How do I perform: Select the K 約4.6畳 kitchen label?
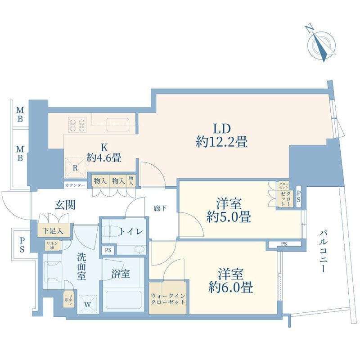(x=104, y=153)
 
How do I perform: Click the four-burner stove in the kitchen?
(x=77, y=124)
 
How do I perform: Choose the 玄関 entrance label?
(x=65, y=205)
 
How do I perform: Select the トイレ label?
(x=131, y=232)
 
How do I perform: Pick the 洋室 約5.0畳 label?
(x=229, y=210)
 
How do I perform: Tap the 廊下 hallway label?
(x=160, y=208)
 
